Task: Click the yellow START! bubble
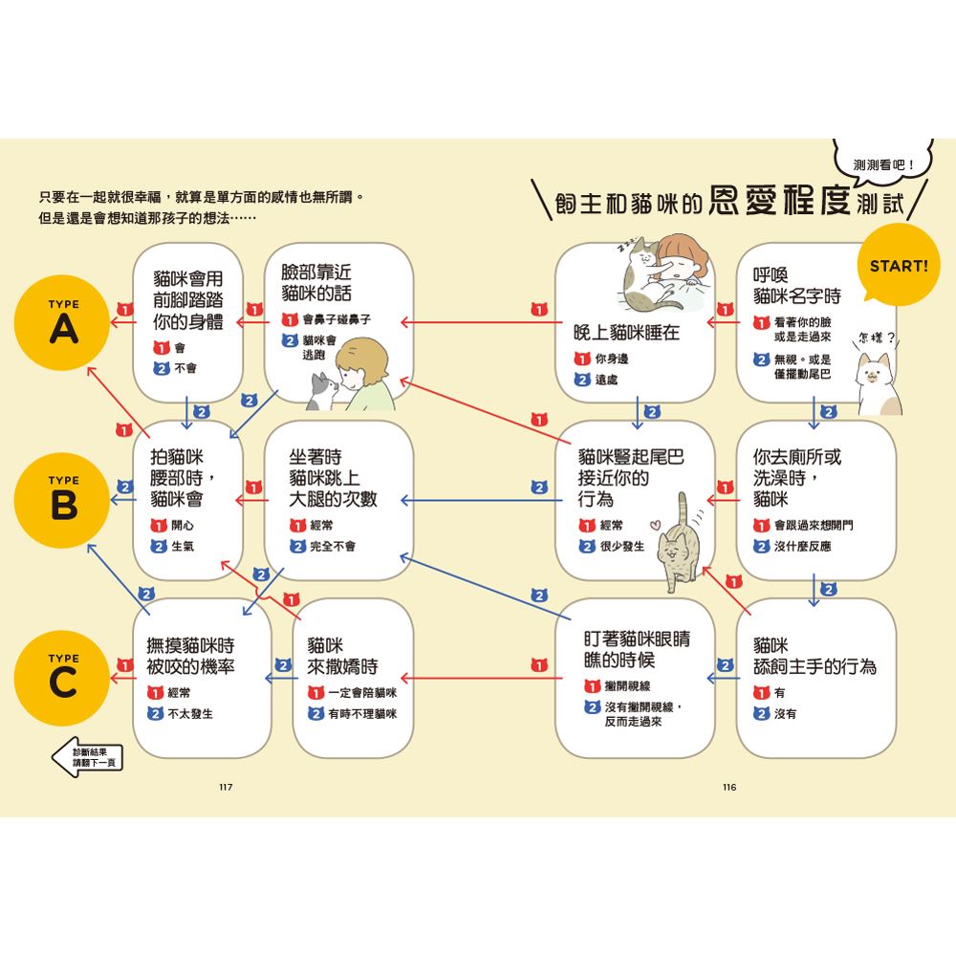[x=898, y=265]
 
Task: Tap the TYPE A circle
[x=63, y=322]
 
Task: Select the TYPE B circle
[x=63, y=500]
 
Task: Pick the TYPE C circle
[x=63, y=678]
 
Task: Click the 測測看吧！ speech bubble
[x=883, y=163]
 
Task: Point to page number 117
[x=226, y=787]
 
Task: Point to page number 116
[x=729, y=787]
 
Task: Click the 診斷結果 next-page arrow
[x=87, y=758]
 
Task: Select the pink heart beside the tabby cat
[x=655, y=524]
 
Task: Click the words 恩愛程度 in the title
[x=780, y=200]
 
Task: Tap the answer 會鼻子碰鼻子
[x=337, y=319]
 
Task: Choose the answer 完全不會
[x=333, y=546]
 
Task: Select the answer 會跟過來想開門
[x=814, y=525]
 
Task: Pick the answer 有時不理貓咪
[x=362, y=713]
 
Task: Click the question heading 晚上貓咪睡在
[x=626, y=333]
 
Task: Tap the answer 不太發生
[x=190, y=713]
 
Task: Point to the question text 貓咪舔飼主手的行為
[x=815, y=656]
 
